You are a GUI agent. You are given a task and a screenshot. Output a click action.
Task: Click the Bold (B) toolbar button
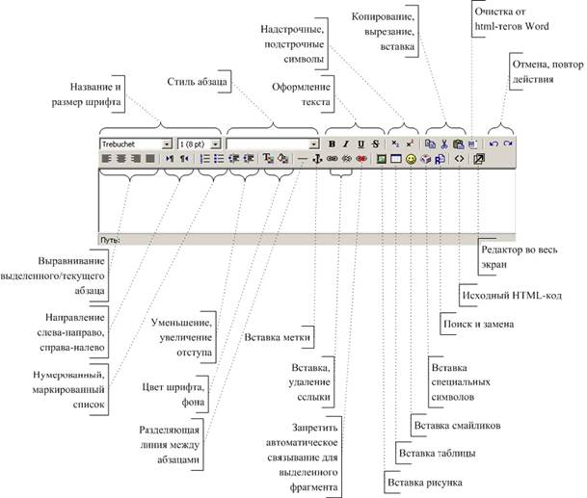332,144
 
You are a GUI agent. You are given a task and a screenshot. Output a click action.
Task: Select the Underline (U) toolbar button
360,144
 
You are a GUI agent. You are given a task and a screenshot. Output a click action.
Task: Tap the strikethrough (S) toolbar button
374,144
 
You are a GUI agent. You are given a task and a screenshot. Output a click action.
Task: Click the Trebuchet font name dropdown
135,144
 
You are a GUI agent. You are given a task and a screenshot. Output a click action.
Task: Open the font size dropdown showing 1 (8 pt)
197,144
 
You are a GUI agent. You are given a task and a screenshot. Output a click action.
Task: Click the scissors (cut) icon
443,144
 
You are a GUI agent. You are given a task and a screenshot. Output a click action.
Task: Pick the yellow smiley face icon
411,158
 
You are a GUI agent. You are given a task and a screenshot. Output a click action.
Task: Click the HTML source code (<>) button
459,158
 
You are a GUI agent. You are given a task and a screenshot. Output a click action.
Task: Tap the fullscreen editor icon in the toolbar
480,158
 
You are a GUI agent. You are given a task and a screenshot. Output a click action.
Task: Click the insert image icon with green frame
382,158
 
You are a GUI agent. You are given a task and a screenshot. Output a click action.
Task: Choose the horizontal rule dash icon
302,158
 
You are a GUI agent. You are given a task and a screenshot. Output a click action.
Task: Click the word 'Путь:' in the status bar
109,236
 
